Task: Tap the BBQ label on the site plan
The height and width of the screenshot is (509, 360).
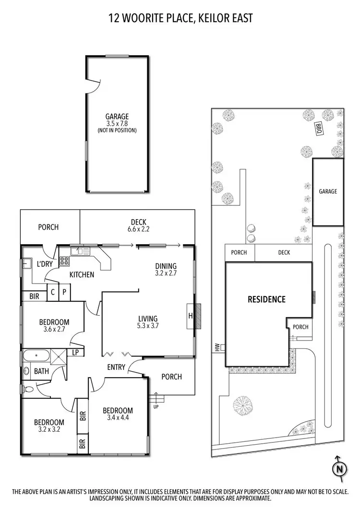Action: click(319, 128)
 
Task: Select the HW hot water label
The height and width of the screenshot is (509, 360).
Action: click(216, 348)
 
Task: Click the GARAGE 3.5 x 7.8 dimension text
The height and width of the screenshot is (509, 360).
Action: click(117, 123)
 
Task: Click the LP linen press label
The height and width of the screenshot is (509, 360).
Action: click(75, 352)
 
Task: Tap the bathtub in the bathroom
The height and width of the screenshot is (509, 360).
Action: click(36, 355)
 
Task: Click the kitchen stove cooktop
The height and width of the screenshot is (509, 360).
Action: click(64, 261)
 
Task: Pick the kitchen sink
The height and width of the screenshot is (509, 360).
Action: click(80, 250)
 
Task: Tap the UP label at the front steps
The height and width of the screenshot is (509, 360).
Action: click(156, 407)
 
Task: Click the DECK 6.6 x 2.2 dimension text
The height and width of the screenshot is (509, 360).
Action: click(138, 229)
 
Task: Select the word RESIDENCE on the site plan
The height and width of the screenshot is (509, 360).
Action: click(266, 299)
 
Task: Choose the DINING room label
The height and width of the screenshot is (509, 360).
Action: click(166, 266)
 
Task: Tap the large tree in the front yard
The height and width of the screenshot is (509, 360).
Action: click(243, 405)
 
